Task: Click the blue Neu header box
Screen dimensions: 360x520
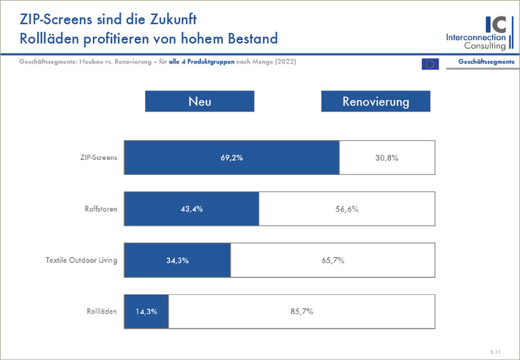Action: point(199,101)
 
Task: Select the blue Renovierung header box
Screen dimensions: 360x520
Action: point(376,101)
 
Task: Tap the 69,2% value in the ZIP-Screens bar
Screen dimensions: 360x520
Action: point(232,158)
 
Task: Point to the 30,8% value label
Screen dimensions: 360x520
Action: point(386,158)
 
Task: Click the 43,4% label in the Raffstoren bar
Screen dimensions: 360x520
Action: point(191,209)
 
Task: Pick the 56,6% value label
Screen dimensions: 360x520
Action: point(346,209)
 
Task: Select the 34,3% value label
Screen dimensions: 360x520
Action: point(177,261)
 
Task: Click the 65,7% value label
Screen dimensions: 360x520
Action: point(333,261)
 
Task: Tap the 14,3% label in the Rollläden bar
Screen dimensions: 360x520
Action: point(146,312)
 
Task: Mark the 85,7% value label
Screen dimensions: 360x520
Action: point(301,312)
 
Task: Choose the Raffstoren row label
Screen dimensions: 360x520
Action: point(101,209)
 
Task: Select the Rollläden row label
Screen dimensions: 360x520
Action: point(102,312)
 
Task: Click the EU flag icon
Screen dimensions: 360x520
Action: point(430,64)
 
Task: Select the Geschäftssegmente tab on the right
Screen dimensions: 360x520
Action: point(486,63)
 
